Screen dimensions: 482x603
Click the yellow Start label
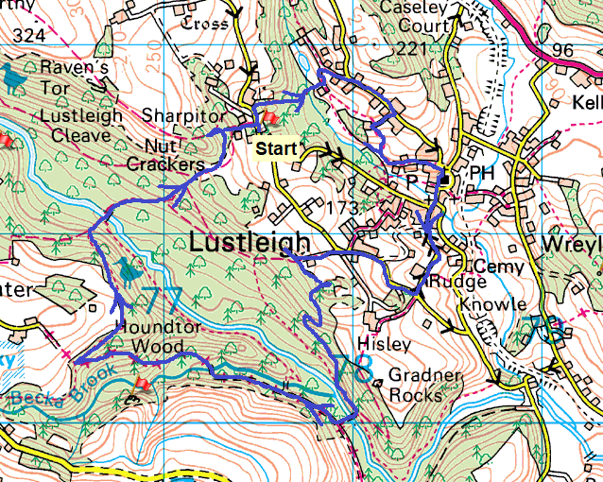point(275,148)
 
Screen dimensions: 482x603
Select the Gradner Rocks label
point(414,385)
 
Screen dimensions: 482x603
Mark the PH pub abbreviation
point(482,174)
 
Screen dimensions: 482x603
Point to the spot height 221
point(411,47)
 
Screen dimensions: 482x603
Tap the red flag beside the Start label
point(268,119)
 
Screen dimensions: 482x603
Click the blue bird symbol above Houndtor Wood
point(129,271)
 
